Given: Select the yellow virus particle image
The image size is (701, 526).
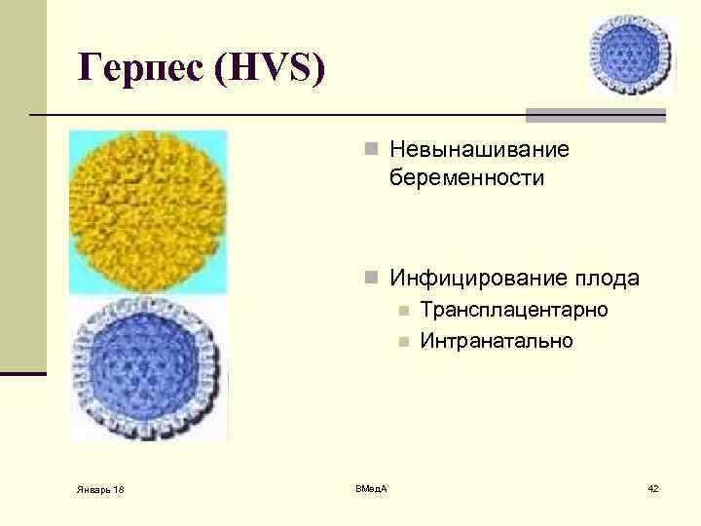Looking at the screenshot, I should pyautogui.click(x=148, y=211).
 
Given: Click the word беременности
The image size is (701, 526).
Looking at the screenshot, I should pyautogui.click(x=466, y=178).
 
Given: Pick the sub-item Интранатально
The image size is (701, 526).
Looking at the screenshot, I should pyautogui.click(x=497, y=341).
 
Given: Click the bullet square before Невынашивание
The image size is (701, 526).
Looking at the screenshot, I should pyautogui.click(x=370, y=150).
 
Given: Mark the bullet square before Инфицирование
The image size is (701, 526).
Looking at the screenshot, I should pyautogui.click(x=370, y=280).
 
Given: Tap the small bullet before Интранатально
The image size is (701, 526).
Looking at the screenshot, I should pyautogui.click(x=401, y=343).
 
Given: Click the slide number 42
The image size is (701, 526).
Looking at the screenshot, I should pyautogui.click(x=652, y=487).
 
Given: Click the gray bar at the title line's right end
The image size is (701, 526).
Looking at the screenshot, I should pyautogui.click(x=595, y=115).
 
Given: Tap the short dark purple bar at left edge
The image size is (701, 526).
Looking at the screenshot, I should pyautogui.click(x=22, y=373).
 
